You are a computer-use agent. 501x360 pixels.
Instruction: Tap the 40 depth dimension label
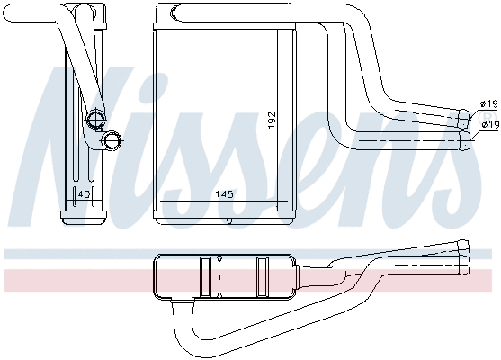coord(83,193)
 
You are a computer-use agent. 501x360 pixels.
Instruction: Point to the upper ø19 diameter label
coord(489,104)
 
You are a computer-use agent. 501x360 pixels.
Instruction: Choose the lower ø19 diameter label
coord(489,123)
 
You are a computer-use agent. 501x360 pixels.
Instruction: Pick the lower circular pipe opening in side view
coord(112,139)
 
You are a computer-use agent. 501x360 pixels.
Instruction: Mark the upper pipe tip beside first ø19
coord(465,117)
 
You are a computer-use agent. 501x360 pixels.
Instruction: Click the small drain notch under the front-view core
coord(230,220)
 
